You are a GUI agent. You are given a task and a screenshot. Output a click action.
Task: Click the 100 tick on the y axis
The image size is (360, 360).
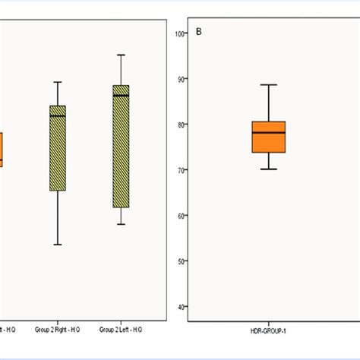(x=180, y=33)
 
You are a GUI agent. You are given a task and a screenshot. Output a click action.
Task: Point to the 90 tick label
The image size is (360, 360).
(x=180, y=79)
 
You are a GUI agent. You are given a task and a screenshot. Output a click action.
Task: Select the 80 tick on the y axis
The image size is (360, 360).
(x=180, y=125)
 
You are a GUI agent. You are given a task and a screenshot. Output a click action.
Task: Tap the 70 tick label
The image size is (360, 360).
(x=180, y=170)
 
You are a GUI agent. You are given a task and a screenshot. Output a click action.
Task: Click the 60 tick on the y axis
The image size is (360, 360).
(x=180, y=216)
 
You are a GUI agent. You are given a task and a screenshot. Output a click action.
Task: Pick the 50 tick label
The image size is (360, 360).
(x=180, y=261)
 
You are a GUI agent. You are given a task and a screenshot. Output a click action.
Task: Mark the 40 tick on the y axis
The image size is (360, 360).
(x=180, y=307)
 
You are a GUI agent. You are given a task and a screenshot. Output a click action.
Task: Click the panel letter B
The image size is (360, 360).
(x=199, y=32)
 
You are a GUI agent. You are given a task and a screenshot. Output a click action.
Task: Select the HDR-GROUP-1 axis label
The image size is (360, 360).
(x=269, y=330)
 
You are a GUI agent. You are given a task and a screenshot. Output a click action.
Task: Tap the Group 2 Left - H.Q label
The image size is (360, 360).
(x=120, y=330)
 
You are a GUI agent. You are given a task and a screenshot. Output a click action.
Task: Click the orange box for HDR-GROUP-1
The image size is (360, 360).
(x=269, y=137)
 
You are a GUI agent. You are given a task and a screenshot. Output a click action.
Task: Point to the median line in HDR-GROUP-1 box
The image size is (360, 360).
(x=269, y=133)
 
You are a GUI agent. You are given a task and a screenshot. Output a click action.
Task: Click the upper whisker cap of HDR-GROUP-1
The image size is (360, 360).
(x=269, y=85)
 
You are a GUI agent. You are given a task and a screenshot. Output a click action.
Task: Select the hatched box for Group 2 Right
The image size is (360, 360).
(x=58, y=148)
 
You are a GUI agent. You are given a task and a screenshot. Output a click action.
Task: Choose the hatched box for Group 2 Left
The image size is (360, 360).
(x=121, y=146)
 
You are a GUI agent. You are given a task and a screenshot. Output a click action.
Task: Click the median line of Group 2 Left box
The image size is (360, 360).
(x=121, y=96)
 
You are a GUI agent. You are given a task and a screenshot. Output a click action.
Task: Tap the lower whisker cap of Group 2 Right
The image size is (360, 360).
(x=58, y=245)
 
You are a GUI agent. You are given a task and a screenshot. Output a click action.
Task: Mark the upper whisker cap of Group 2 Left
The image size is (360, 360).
(x=121, y=55)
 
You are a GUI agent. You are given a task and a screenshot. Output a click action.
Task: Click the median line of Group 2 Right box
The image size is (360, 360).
(x=58, y=116)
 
